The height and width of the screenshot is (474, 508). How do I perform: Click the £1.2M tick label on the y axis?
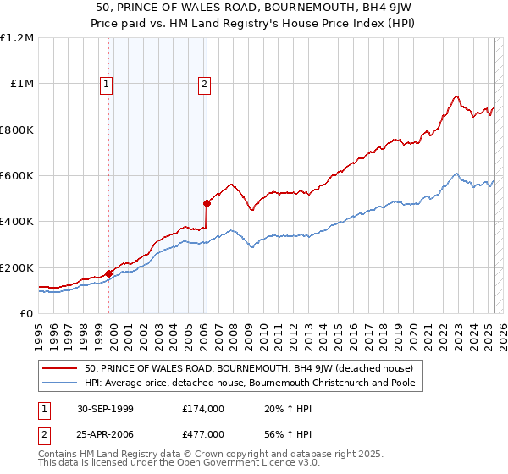[17, 38]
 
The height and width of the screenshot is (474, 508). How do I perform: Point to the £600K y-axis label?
[17, 176]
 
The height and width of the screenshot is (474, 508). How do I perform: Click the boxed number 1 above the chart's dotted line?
[107, 84]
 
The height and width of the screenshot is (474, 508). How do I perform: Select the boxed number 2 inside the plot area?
[206, 84]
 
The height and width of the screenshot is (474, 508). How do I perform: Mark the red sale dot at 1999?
[109, 273]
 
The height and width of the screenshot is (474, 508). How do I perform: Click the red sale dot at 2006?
[207, 203]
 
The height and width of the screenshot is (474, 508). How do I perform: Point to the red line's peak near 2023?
[456, 96]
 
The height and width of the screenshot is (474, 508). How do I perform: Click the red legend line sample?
[61, 368]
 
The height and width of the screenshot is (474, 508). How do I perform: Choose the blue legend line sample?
[61, 383]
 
